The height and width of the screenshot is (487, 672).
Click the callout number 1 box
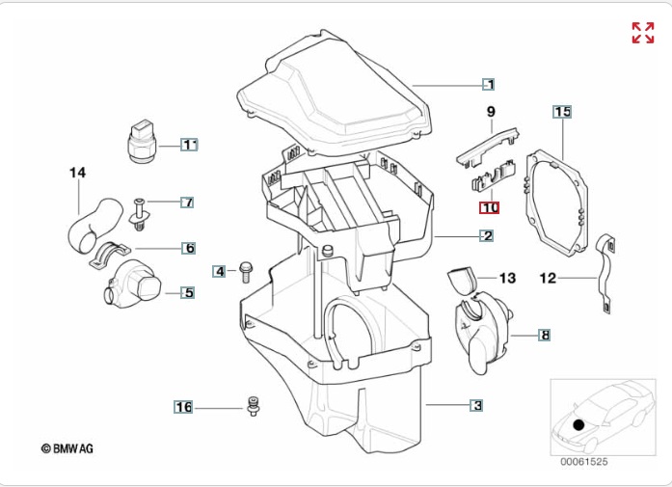click(489, 84)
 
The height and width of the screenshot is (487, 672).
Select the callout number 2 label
click(487, 235)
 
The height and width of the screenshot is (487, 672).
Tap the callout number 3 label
click(476, 406)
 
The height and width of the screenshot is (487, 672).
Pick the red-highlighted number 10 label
click(490, 207)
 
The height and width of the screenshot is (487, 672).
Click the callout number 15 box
click(562, 112)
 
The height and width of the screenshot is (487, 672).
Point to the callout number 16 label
click(183, 407)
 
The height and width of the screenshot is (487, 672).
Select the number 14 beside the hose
click(77, 173)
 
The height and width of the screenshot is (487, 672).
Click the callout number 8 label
click(545, 336)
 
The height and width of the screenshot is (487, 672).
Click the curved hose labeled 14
click(92, 224)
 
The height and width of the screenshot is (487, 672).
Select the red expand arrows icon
click(643, 33)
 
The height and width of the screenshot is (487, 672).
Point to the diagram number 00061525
click(583, 462)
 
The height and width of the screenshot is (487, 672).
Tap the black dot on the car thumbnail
click(578, 423)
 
